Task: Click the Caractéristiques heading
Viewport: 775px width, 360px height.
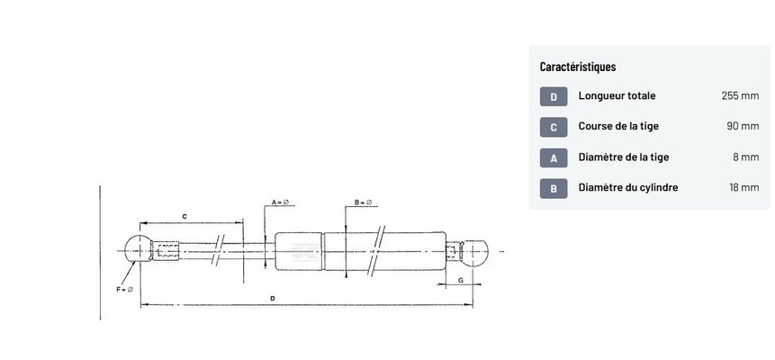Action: [578, 67]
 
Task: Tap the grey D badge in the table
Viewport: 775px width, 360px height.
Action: [554, 96]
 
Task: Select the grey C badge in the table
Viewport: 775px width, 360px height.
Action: [554, 127]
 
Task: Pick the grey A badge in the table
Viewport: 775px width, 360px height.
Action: [554, 157]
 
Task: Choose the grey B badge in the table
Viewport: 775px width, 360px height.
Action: [554, 188]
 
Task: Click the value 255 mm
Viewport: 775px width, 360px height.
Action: [740, 96]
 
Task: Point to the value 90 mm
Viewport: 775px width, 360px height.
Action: [743, 126]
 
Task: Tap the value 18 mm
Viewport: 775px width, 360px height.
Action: [743, 187]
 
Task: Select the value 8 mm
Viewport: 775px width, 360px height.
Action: [746, 157]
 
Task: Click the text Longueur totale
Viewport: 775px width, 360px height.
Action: [617, 96]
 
